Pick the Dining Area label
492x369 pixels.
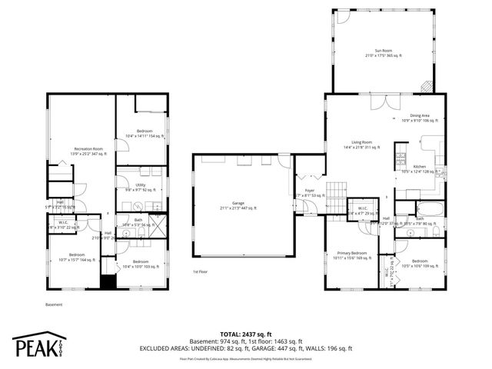tap(419, 118)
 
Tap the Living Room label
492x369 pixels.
tap(362, 144)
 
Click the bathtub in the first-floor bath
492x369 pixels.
tap(429, 208)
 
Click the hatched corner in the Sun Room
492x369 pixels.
tap(427, 86)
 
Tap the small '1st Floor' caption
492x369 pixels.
tap(201, 272)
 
